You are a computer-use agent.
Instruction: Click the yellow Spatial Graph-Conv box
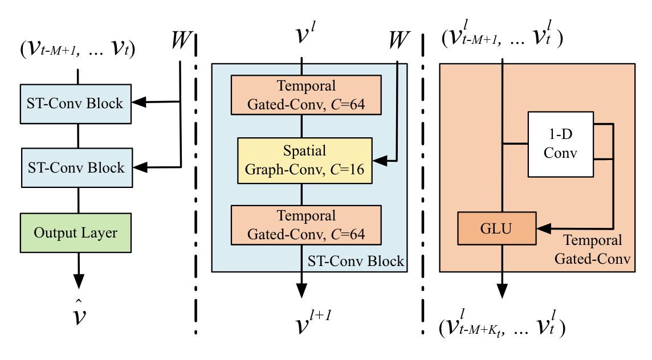(x=304, y=160)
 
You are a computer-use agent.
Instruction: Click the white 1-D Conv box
(x=561, y=144)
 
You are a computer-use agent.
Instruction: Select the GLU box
(x=496, y=228)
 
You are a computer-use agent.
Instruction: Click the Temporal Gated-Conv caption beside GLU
(x=596, y=249)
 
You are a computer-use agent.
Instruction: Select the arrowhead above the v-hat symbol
(x=78, y=280)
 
